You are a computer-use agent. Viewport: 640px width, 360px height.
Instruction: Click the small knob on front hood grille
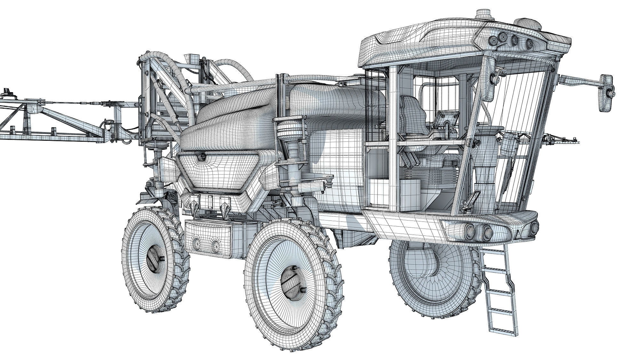(x=202, y=157)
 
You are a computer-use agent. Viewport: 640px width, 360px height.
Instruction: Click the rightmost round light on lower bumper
(x=534, y=228)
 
